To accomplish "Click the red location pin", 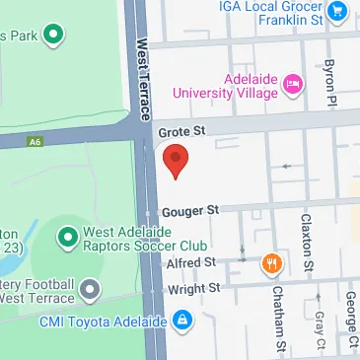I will (175, 161).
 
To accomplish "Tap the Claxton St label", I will (308, 242).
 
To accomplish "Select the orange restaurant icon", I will (269, 262).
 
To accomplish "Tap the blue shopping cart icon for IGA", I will (338, 11).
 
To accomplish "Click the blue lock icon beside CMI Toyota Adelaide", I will (182, 321).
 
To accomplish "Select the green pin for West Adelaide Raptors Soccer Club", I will (67, 238).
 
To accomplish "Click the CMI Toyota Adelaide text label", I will (103, 321).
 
